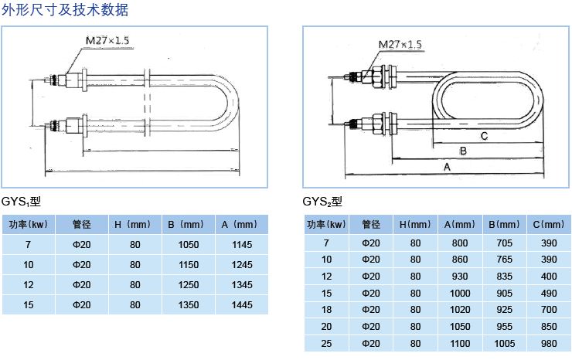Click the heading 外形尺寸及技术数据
tap(65, 10)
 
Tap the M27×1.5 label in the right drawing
tap(400, 44)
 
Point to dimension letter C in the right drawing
tap(483, 136)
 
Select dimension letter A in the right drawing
tap(446, 167)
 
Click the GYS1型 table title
tap(21, 202)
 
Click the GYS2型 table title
tap(322, 202)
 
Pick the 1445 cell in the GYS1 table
tap(242, 305)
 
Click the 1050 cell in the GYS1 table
tap(189, 245)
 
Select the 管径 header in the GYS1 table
tap(82, 225)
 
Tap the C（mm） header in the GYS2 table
tap(549, 225)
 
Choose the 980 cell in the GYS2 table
tap(549, 342)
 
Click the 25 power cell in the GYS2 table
tap(326, 342)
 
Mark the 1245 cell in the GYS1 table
tap(242, 265)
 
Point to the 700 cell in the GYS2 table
tap(549, 309)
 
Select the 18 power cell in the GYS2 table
tap(326, 309)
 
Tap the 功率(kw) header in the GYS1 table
tap(29, 225)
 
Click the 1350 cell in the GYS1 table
tap(189, 305)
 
